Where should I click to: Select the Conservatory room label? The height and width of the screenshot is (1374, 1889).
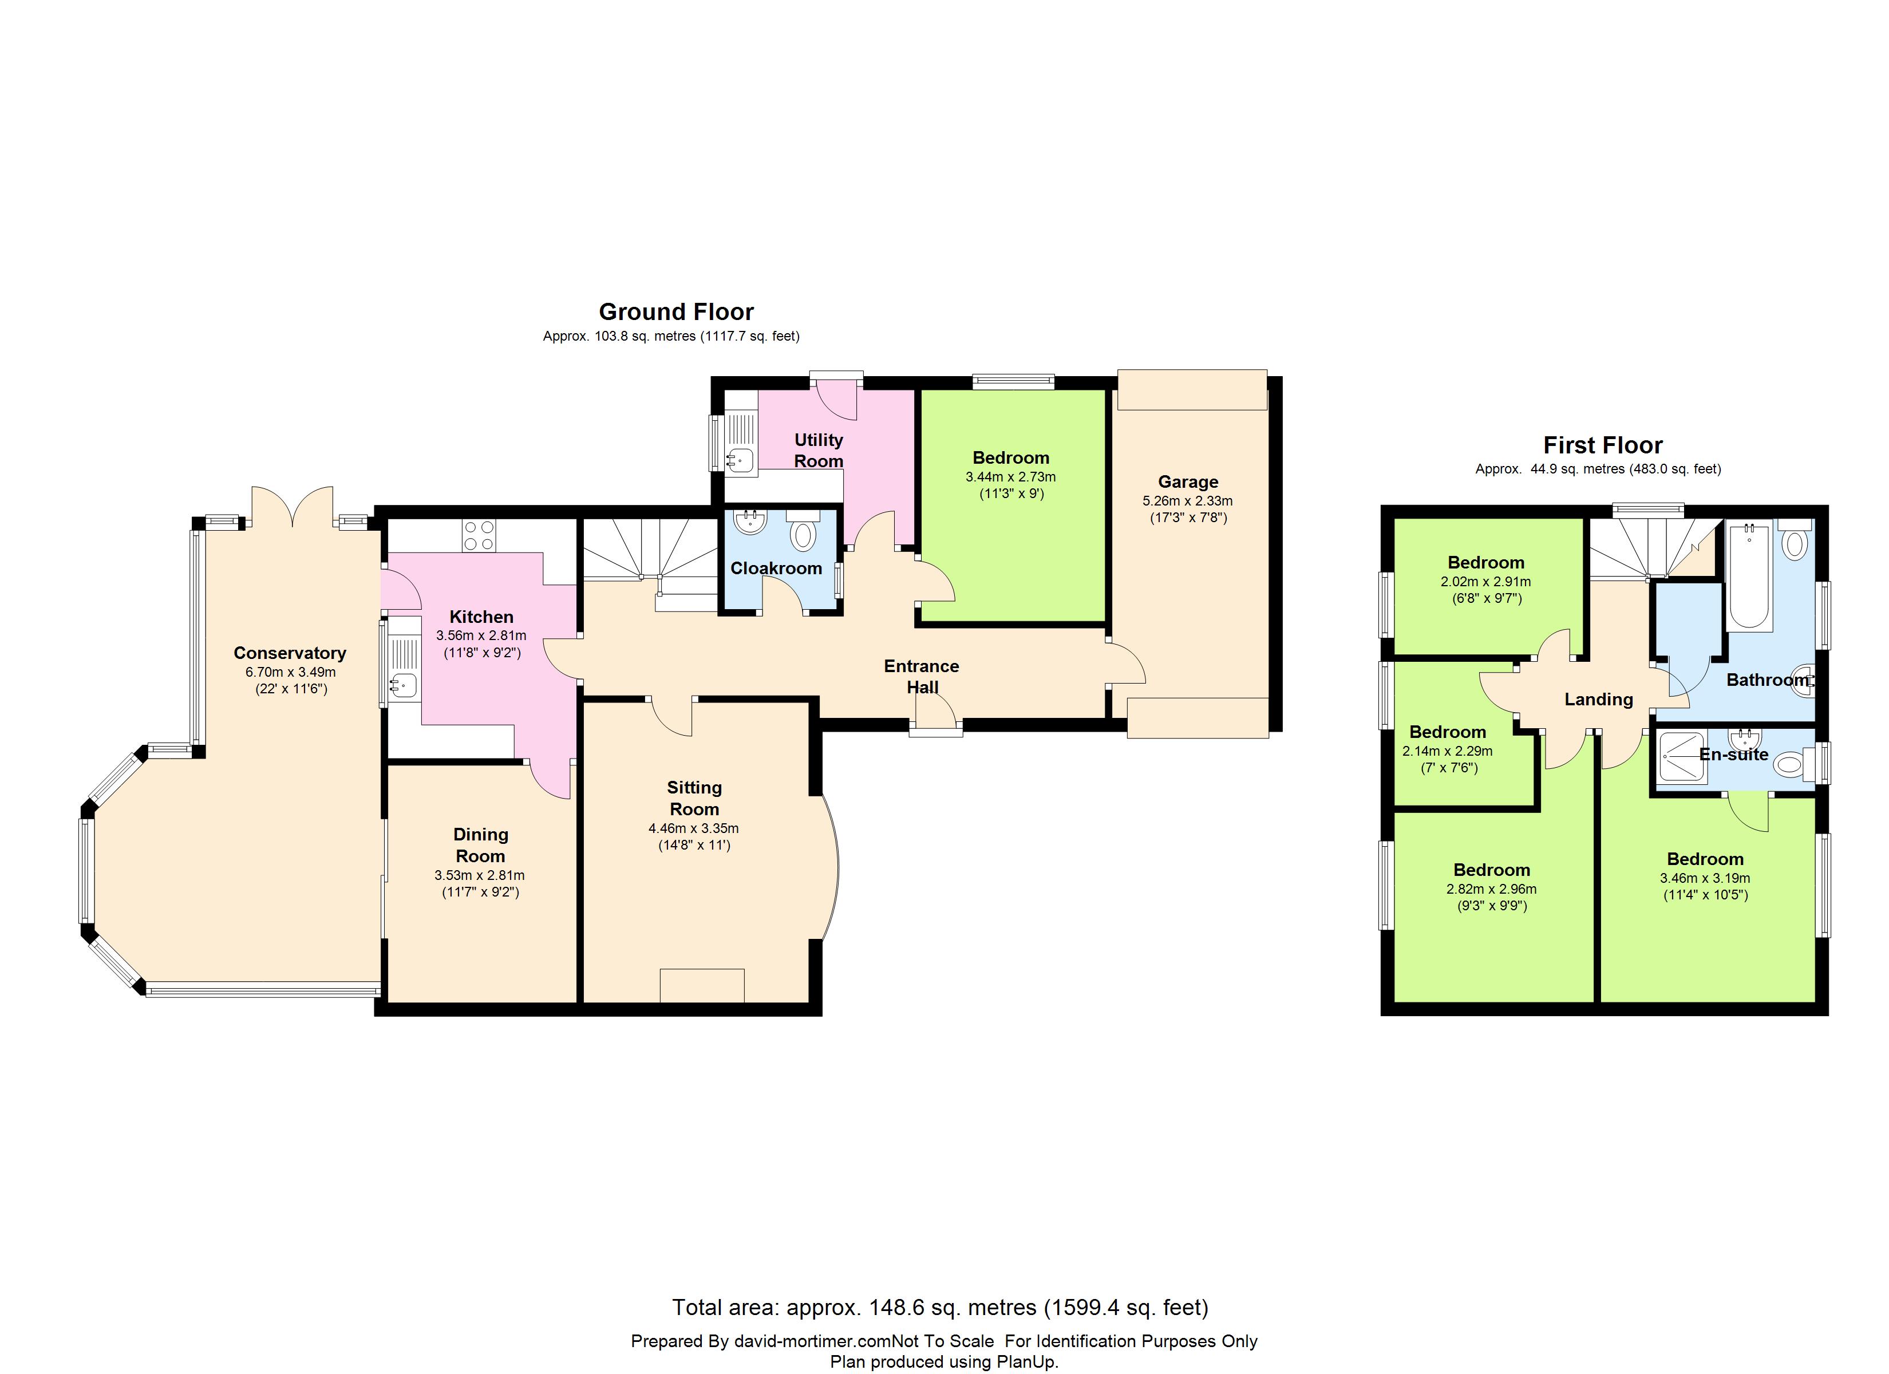click(290, 653)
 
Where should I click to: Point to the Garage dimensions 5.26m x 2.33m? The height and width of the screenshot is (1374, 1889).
click(1188, 501)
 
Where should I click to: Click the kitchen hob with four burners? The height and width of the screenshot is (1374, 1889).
click(479, 535)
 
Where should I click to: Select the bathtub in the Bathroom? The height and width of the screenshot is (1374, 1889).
click(1749, 575)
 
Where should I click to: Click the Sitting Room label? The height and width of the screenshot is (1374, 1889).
click(694, 798)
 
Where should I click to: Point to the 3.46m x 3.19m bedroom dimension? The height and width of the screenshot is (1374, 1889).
click(1705, 878)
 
